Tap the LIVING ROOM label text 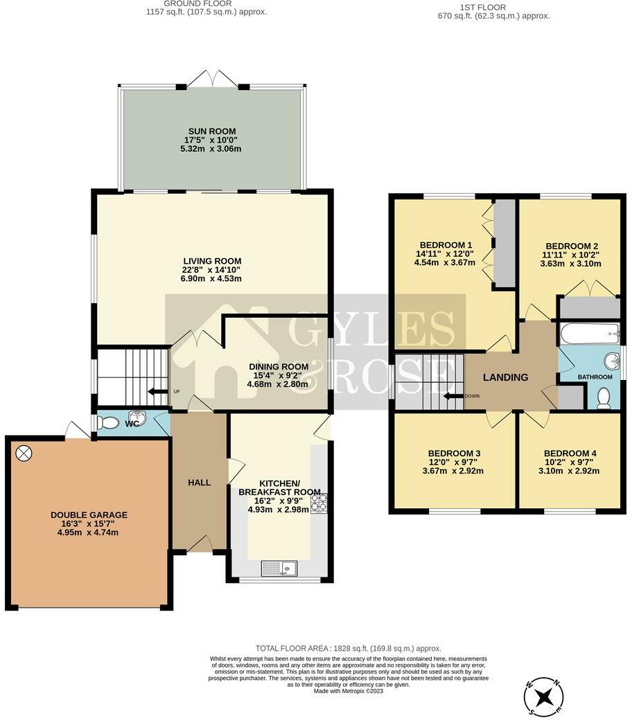[211, 260]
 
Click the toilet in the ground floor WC [108, 424]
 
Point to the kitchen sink [279, 568]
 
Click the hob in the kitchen [319, 503]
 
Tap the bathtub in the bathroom [589, 334]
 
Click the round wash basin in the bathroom [611, 361]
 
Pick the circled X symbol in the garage [24, 453]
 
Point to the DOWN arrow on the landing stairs [454, 397]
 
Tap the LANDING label [505, 377]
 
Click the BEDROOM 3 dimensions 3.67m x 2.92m [452, 471]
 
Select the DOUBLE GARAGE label [89, 515]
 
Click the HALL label [199, 483]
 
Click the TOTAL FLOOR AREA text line [348, 648]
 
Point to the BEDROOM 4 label [570, 453]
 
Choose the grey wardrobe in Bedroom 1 [504, 242]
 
